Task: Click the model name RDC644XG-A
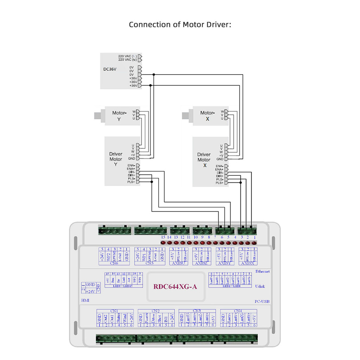(175, 287)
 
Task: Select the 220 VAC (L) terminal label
(127, 56)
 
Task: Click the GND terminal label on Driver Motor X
(220, 159)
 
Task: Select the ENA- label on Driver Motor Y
(131, 165)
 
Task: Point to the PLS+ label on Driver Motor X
(219, 183)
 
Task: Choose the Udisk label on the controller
(260, 286)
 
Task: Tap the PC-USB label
(262, 301)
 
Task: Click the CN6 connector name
(114, 263)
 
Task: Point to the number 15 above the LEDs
(163, 237)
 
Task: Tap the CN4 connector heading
(238, 311)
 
